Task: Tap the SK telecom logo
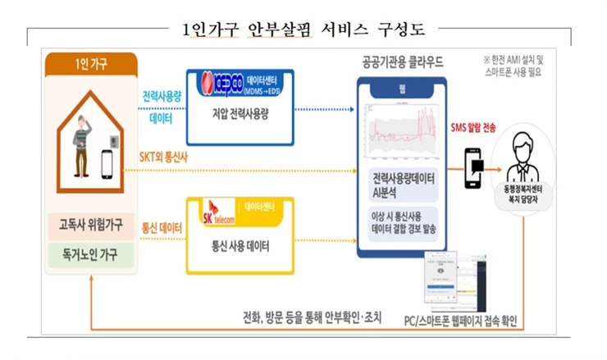pos(214,216)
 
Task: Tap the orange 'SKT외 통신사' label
pos(161,157)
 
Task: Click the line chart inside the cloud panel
pos(403,133)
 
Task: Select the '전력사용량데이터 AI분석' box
pos(404,185)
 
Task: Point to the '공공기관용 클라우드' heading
pos(404,62)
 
